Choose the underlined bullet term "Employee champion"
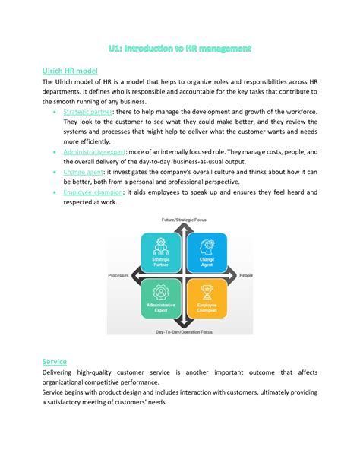(95, 192)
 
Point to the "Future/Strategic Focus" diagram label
(183, 220)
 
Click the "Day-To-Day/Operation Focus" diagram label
(183, 333)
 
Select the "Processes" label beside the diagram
(120, 276)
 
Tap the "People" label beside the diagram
(246, 276)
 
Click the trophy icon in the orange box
(206, 292)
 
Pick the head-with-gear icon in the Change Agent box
(206, 246)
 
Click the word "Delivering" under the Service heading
(62, 372)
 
